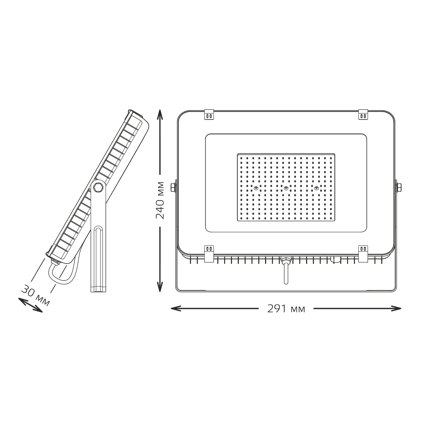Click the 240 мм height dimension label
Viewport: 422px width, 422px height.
tap(160, 200)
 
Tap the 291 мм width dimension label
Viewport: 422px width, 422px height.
tap(286, 309)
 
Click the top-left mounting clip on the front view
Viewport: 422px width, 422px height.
tap(209, 115)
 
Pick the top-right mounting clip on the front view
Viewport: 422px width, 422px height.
tap(363, 115)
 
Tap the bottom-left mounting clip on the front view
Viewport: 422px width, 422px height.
tap(209, 253)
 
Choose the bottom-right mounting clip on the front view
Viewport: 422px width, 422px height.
tap(363, 253)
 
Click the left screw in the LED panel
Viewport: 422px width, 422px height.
tap(256, 188)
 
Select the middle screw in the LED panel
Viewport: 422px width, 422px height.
tap(286, 188)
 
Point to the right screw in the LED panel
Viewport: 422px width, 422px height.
tap(316, 188)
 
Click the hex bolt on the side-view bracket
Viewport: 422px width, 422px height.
tap(98, 187)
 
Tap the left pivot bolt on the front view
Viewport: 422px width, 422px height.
tap(173, 188)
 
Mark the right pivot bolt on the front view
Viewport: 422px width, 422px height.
tap(399, 188)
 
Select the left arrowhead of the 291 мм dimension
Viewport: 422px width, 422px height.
tap(176, 309)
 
